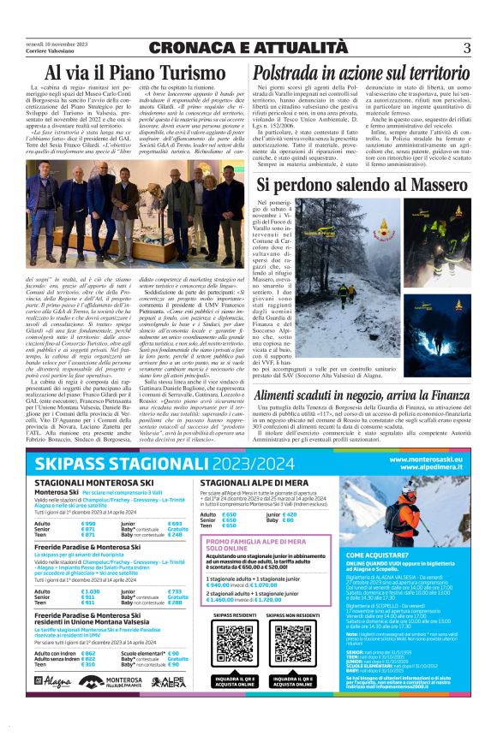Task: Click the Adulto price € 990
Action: [x=88, y=523]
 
